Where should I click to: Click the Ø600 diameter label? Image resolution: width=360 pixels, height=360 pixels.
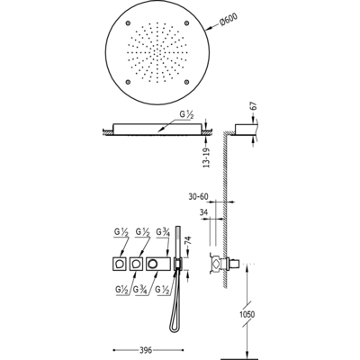tap(229, 22)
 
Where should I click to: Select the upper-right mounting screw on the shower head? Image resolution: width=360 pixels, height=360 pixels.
tap(186, 22)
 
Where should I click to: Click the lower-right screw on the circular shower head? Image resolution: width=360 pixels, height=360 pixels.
tap(186, 81)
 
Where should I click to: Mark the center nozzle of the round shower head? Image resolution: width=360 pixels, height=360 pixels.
tap(157, 52)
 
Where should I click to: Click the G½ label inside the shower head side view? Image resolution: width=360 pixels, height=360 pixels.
tap(186, 115)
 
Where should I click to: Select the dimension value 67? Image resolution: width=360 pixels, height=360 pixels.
tap(254, 106)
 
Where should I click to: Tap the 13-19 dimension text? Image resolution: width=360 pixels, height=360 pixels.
tap(207, 157)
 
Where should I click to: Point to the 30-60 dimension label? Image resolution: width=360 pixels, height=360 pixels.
tap(198, 196)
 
